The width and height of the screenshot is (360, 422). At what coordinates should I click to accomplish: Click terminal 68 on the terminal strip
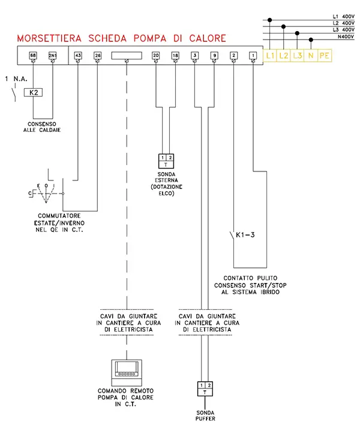point(32,56)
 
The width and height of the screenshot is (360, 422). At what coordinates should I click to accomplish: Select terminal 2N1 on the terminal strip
point(52,56)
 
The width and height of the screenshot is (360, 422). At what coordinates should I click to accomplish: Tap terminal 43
point(78,56)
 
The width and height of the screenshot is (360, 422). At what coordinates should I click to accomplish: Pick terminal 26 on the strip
point(98,56)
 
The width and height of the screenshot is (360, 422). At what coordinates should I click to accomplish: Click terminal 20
point(156,56)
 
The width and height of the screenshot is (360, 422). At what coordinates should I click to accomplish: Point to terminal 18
point(175,56)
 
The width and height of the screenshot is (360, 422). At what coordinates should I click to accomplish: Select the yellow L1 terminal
point(270,56)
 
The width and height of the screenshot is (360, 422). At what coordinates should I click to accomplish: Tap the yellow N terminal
point(311,56)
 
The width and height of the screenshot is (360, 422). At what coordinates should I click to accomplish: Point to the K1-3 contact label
point(246,234)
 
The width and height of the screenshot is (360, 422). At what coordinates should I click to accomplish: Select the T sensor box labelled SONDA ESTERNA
point(166,161)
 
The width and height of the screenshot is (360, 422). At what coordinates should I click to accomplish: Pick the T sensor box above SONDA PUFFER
point(205,388)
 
